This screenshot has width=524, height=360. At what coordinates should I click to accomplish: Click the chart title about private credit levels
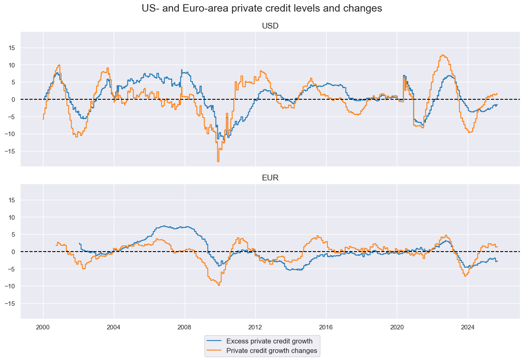click(x=262, y=8)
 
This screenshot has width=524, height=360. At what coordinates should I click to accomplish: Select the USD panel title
click(x=270, y=26)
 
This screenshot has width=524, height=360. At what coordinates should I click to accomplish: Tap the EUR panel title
click(x=270, y=178)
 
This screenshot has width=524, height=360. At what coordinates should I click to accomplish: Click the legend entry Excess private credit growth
click(x=269, y=341)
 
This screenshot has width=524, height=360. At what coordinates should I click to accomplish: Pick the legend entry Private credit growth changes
click(x=272, y=351)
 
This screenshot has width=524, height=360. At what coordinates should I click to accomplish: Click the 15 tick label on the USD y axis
click(x=12, y=48)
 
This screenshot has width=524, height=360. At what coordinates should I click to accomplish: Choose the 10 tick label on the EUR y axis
click(x=12, y=217)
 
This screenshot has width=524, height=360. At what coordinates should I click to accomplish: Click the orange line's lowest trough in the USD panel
click(x=218, y=161)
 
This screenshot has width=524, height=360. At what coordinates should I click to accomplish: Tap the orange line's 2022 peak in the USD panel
click(x=442, y=55)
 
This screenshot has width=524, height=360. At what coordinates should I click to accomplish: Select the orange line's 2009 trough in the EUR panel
click(x=219, y=285)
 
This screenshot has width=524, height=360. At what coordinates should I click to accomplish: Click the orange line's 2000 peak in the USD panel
click(x=59, y=65)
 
